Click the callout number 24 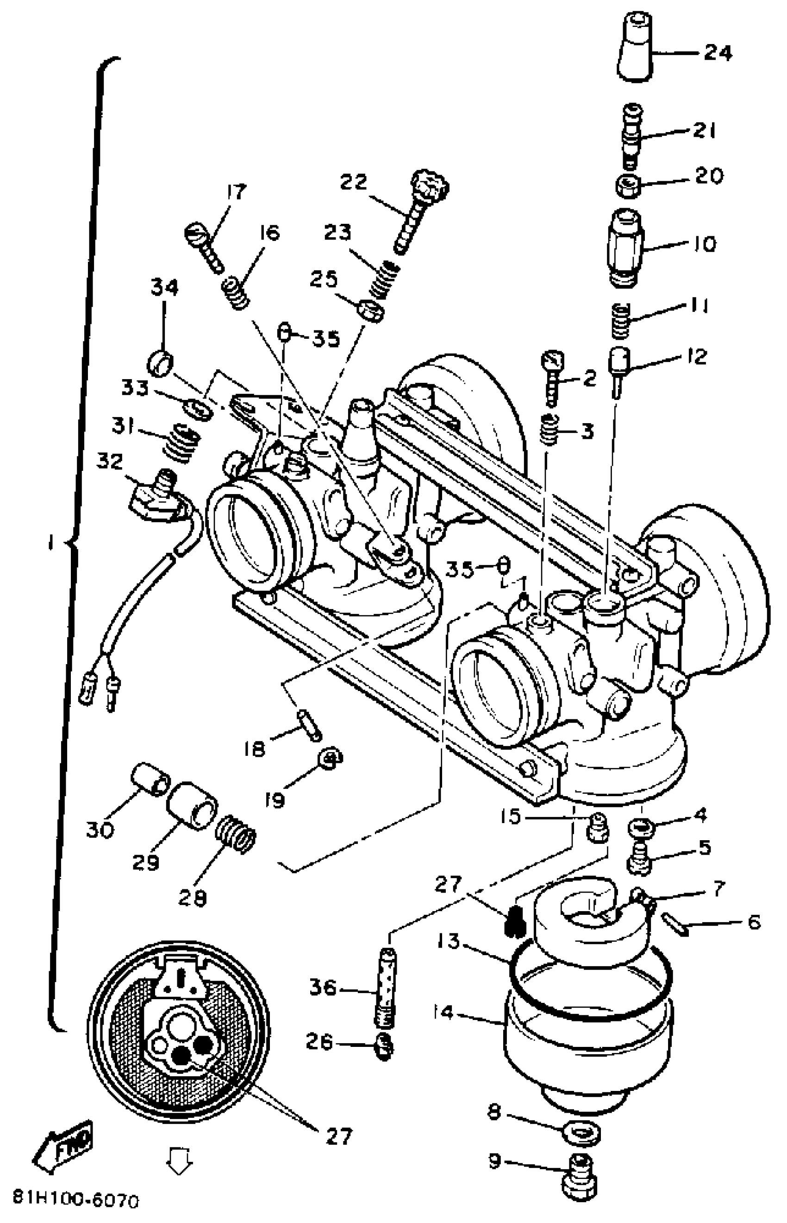pos(718,53)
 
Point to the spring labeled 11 pos(621,320)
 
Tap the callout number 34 pos(164,288)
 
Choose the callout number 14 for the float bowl pos(443,1012)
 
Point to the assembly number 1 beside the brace pos(50,545)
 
